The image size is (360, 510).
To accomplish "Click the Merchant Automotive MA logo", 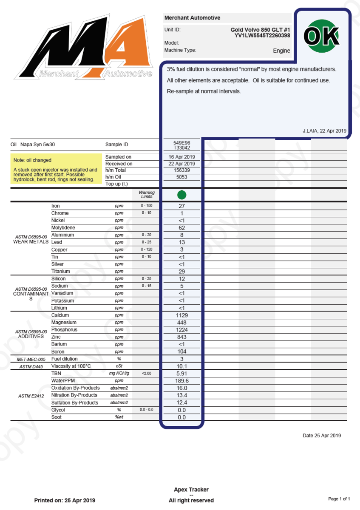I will (x=83, y=48).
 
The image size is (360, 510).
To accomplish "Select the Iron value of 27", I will (x=181, y=206).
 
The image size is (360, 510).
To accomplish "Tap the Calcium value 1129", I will (x=181, y=315).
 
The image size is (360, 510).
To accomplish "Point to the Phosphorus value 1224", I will (x=181, y=330).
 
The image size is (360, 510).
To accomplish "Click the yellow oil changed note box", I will (x=56, y=169).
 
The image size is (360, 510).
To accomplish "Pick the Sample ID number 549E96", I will (x=181, y=143).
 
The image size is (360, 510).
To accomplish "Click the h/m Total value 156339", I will (x=181, y=170).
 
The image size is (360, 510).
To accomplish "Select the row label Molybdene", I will (x=63, y=228).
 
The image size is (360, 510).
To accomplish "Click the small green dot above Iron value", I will (x=181, y=195).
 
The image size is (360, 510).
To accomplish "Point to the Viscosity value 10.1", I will (x=181, y=366).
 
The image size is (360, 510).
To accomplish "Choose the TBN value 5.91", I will (x=181, y=374).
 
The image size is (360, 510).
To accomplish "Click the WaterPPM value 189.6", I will (x=181, y=381).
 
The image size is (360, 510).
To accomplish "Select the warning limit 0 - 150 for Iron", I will (x=146, y=206).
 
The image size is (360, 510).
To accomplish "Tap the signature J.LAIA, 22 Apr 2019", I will (x=324, y=131).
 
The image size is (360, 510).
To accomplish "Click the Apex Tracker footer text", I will (x=191, y=490).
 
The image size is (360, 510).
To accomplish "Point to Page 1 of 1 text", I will (x=339, y=499).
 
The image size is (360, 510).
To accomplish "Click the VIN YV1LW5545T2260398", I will (x=262, y=35).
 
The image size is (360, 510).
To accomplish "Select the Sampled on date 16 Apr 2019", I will (x=181, y=157).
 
